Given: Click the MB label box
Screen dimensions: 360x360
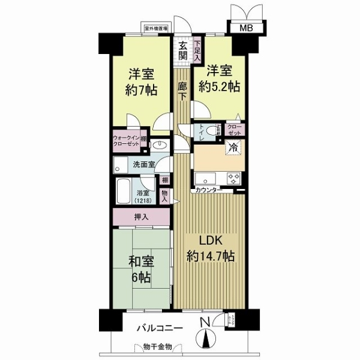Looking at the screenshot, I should tap(247, 28).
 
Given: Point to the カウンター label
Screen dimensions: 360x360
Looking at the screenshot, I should tap(207, 190).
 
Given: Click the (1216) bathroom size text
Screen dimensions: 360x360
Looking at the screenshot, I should tap(144, 200).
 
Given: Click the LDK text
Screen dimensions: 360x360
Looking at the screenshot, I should tap(210, 242).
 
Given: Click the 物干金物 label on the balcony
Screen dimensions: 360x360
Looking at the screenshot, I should tap(158, 346).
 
